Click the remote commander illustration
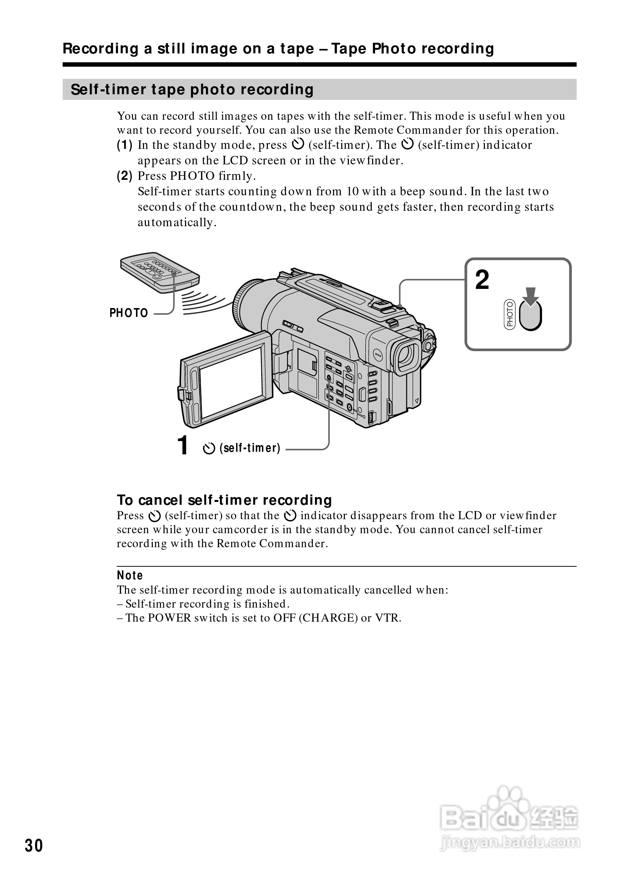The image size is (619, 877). (160, 272)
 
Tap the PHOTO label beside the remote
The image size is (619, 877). (128, 313)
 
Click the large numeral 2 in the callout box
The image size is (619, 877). (482, 280)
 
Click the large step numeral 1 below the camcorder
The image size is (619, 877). (183, 446)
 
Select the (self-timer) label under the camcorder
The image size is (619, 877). (250, 448)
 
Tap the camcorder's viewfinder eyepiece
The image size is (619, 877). (407, 355)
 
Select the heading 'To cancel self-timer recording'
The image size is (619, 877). (224, 500)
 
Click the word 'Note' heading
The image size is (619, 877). (130, 575)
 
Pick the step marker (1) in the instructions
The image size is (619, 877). (125, 145)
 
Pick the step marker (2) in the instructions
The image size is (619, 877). (125, 176)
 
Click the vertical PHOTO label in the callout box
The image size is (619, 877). (510, 314)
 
